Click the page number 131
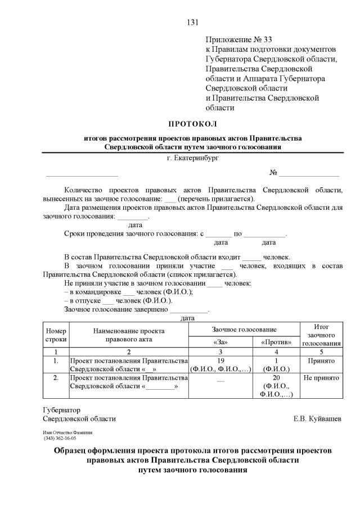pyautogui.click(x=192, y=22)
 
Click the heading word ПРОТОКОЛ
pyautogui.click(x=192, y=123)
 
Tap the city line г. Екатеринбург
pyautogui.click(x=192, y=158)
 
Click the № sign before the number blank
pyautogui.click(x=274, y=173)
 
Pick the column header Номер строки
pyautogui.click(x=56, y=335)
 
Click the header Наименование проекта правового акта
pyautogui.click(x=129, y=335)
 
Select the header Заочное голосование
pyautogui.click(x=244, y=329)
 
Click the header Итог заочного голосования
pyautogui.click(x=321, y=335)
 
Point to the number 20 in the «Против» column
pyautogui.click(x=276, y=378)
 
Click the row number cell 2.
pyautogui.click(x=56, y=378)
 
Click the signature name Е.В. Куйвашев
pyautogui.click(x=317, y=419)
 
